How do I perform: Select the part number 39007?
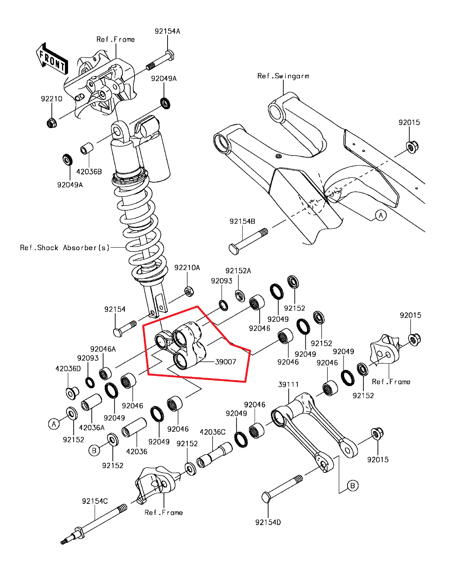tap(225, 362)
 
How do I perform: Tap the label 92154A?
tap(167, 32)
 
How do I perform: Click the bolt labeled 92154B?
tap(248, 241)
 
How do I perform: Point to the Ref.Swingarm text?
tap(283, 76)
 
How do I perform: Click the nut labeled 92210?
tap(52, 123)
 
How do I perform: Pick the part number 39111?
tap(288, 385)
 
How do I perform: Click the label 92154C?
tap(95, 501)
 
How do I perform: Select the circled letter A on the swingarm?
tap(380, 215)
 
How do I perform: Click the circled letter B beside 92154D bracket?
tap(353, 486)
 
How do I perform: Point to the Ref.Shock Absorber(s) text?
tap(65, 248)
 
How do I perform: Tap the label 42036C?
tap(213, 432)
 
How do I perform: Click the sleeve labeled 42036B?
tap(86, 149)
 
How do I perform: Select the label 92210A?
tap(187, 268)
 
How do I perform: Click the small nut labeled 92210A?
tap(189, 291)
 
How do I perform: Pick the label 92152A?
tap(238, 271)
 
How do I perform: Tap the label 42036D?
tap(68, 369)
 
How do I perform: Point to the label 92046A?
tap(103, 349)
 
